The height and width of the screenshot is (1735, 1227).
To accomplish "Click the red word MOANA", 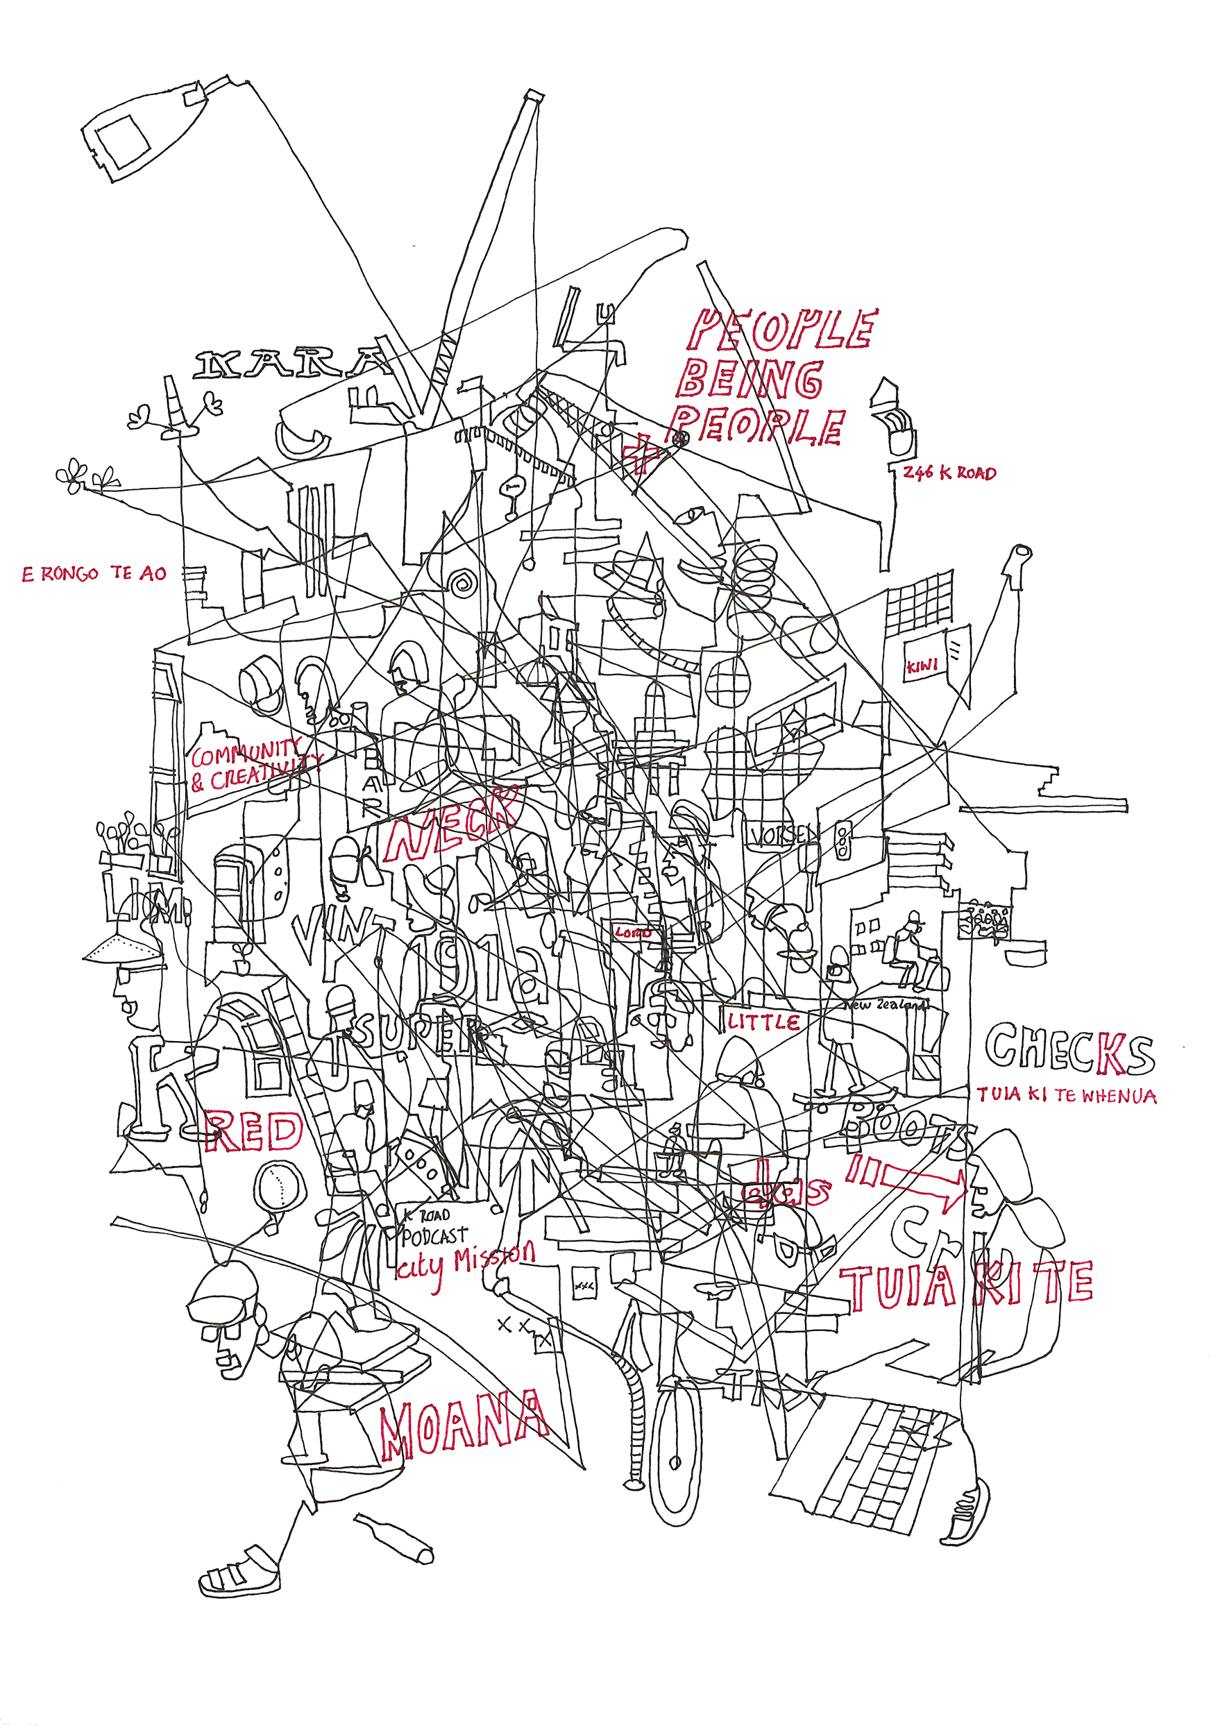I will click(462, 1424).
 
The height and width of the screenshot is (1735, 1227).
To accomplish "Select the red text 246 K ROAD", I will click(949, 474).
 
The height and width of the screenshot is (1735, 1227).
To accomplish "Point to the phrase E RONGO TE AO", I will click(94, 573).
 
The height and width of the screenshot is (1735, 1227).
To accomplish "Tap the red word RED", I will click(254, 1131).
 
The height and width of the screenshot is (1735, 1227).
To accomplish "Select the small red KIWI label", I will click(922, 666).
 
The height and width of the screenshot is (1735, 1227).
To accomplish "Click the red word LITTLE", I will click(764, 1022).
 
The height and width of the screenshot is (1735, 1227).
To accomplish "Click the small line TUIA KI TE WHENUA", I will click(1066, 1095).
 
